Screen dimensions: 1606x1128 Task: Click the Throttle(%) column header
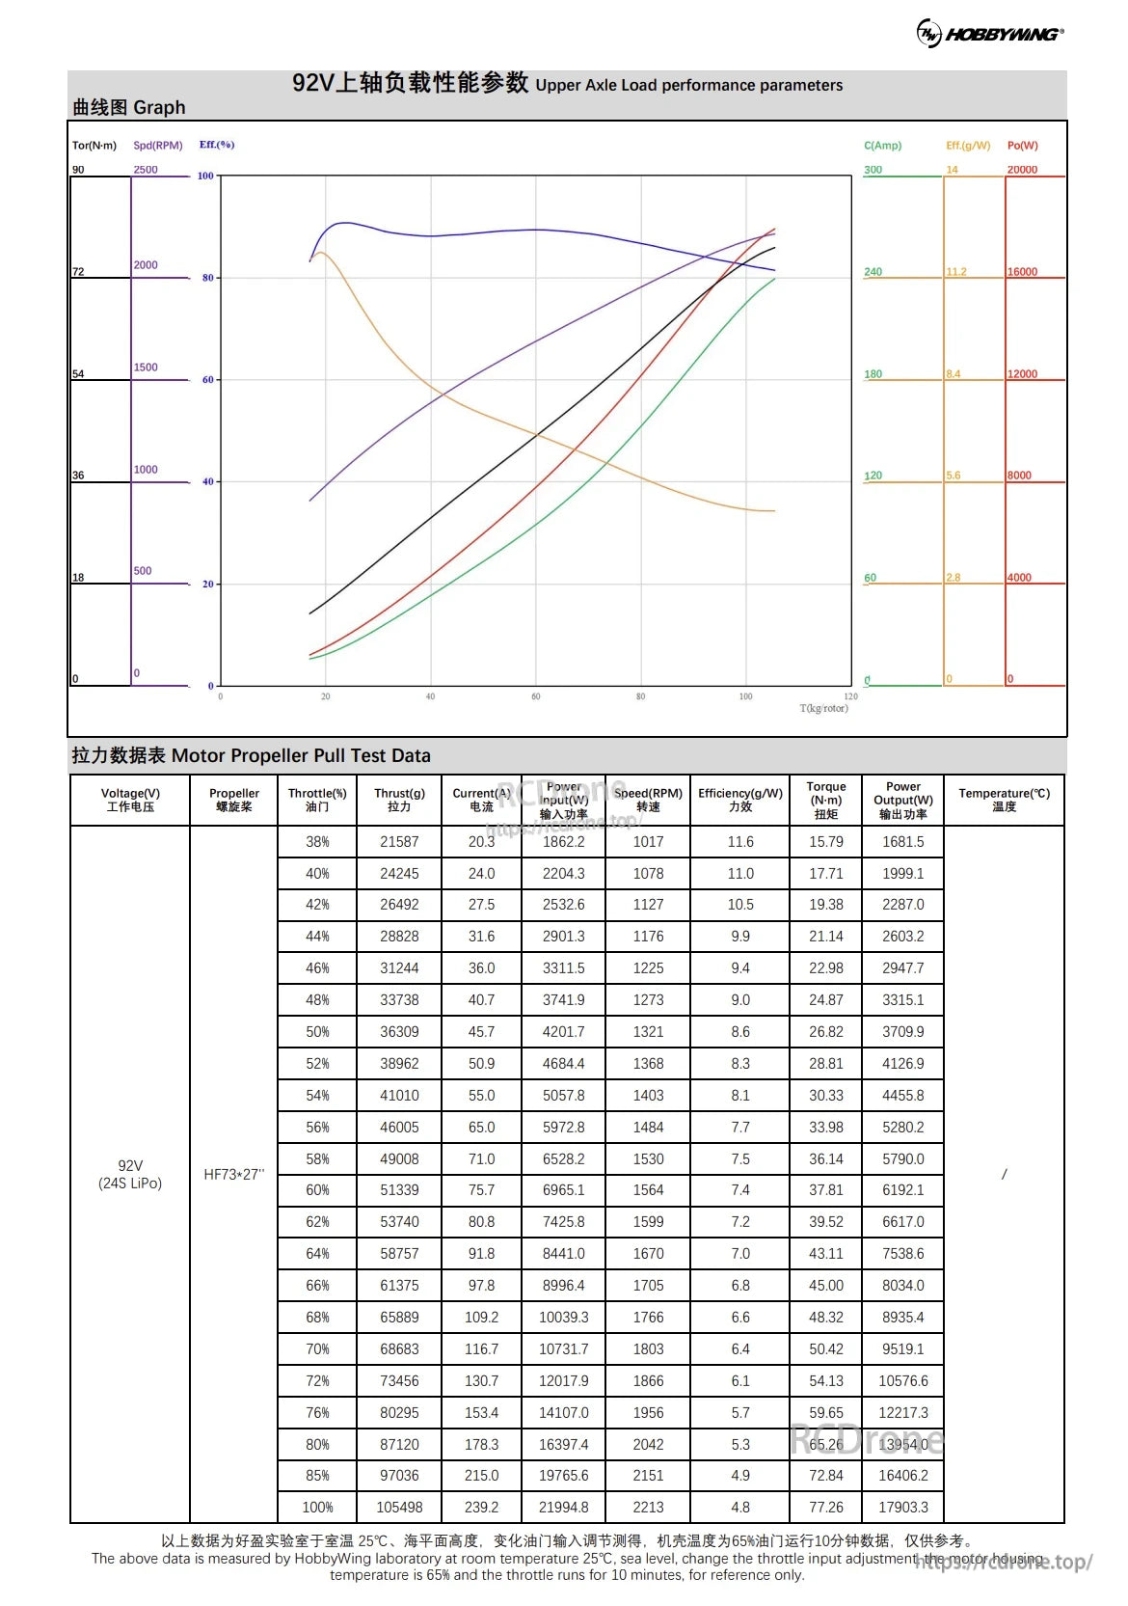point(317,800)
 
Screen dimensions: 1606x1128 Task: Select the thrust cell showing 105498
point(399,1507)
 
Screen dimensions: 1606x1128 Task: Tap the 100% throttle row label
point(317,1507)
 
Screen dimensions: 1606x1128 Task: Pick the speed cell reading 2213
point(648,1507)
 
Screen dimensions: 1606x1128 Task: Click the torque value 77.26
point(826,1507)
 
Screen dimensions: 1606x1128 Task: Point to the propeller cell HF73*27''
point(233,1174)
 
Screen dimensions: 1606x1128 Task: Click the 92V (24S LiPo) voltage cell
point(130,1174)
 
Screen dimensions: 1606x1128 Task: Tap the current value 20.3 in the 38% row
point(481,841)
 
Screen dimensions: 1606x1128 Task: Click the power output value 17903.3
point(903,1507)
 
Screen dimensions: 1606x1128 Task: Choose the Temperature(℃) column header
point(1004,800)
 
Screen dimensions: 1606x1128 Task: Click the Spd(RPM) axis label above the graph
point(158,146)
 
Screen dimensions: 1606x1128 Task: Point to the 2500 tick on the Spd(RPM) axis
point(146,170)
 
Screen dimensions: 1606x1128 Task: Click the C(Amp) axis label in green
point(882,146)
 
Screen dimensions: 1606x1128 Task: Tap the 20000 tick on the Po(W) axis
point(1022,170)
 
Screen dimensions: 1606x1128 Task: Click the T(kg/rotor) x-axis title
point(823,708)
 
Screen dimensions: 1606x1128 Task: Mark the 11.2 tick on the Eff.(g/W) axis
point(955,272)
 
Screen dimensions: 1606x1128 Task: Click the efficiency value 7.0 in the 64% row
point(740,1253)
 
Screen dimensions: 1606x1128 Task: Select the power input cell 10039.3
point(564,1317)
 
